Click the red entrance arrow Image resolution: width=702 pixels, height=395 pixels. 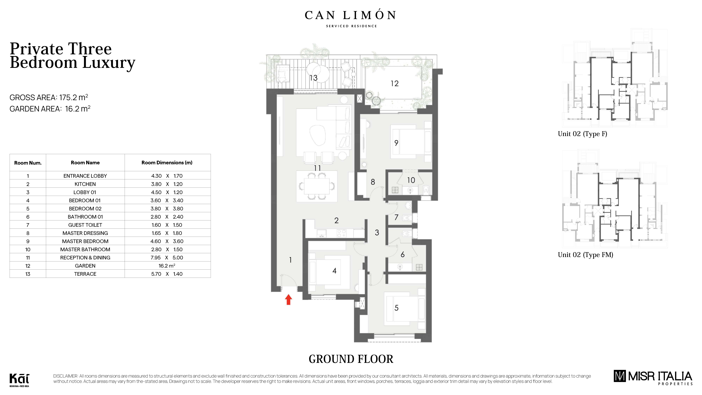[288, 300]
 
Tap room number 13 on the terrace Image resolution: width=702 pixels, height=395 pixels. [313, 78]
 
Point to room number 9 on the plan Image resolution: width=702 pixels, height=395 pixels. [396, 143]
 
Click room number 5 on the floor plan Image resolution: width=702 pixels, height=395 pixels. [397, 308]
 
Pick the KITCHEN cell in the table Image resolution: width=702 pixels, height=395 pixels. [85, 184]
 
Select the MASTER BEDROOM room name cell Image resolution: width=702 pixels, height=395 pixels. [85, 241]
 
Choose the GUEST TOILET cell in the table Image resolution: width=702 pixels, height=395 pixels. [85, 225]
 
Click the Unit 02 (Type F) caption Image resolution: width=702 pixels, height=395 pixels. [582, 134]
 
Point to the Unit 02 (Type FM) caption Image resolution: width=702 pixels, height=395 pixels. [585, 255]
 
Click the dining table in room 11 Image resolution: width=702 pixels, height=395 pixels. [317, 186]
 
